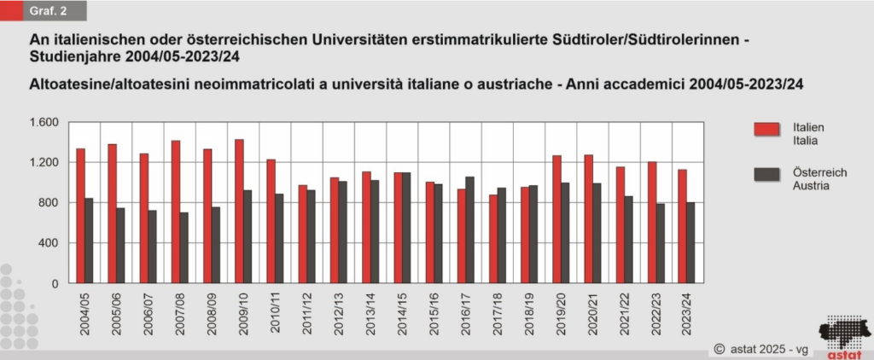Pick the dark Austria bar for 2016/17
(469, 229)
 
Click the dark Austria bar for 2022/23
(660, 243)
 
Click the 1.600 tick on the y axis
(42, 122)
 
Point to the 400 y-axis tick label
(47, 243)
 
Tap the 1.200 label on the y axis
(42, 162)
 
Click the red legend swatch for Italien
(766, 129)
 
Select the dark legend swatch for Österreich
(766, 175)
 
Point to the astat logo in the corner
(842, 337)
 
